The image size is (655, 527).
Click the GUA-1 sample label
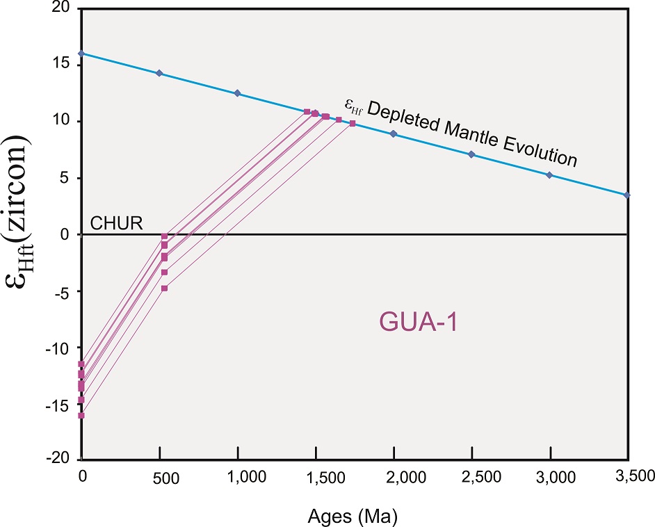pyautogui.click(x=417, y=323)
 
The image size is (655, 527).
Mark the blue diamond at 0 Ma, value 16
pyautogui.click(x=81, y=54)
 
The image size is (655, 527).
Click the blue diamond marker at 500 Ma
pyautogui.click(x=159, y=73)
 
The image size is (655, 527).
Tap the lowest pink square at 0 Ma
pyautogui.click(x=81, y=415)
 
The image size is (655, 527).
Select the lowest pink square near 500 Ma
pyautogui.click(x=164, y=288)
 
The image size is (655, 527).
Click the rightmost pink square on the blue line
pyautogui.click(x=353, y=123)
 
